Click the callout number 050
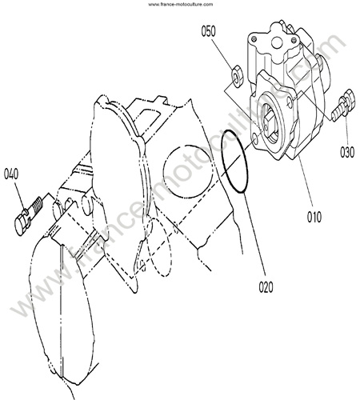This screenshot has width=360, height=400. tap(208, 31)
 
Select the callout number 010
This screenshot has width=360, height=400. tap(314, 217)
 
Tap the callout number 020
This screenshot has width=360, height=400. tap(266, 287)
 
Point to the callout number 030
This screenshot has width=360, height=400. tap(347, 152)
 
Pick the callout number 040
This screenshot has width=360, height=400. tap(11, 174)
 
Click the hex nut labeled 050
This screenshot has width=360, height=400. tap(237, 77)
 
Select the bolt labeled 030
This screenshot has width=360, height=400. tap(343, 105)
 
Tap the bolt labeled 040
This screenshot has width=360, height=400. tap(29, 216)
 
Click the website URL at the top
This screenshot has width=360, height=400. tap(180, 4)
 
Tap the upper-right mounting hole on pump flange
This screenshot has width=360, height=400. tap(290, 101)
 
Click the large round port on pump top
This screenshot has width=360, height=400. tap(278, 42)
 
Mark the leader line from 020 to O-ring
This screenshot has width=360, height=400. tap(254, 234)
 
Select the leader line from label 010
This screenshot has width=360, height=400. tap(306, 183)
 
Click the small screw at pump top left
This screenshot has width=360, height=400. tap(254, 39)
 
